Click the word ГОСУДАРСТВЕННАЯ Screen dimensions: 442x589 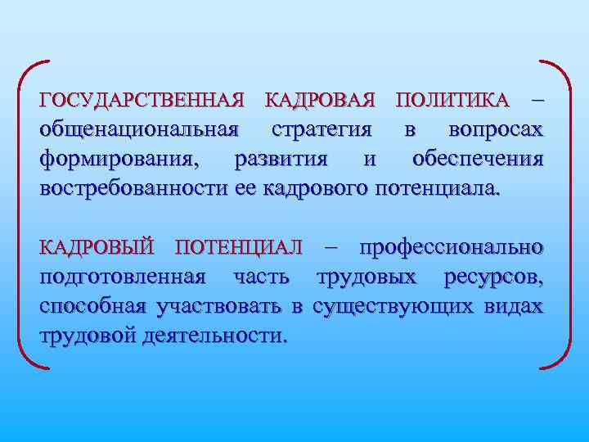(142, 101)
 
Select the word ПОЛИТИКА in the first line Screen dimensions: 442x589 (451, 101)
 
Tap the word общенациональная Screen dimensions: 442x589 (140, 130)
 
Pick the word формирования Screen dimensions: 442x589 (124, 159)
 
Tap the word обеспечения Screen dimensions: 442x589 (479, 159)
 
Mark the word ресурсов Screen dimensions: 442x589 (493, 277)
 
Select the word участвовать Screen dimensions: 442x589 (217, 306)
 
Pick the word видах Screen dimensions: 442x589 (513, 306)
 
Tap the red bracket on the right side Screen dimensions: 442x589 (564, 213)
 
